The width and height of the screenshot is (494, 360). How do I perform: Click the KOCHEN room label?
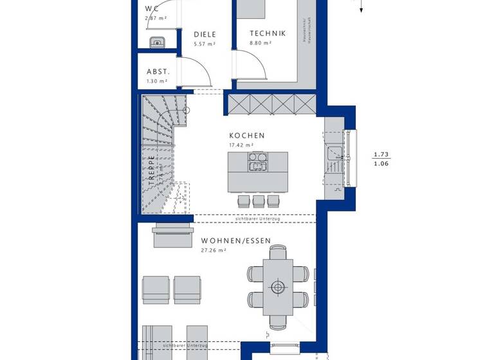click(247, 136)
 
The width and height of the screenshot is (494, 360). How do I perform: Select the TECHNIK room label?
click(268, 33)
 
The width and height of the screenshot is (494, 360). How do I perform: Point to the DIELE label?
click(205, 35)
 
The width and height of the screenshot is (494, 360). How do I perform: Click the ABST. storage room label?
click(157, 72)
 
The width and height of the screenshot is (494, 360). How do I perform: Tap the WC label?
click(152, 8)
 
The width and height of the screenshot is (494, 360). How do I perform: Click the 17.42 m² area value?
click(241, 145)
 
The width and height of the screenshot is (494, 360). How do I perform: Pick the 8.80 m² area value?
click(261, 43)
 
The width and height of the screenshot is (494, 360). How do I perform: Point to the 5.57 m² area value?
click(205, 44)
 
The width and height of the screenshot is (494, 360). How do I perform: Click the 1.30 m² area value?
click(157, 81)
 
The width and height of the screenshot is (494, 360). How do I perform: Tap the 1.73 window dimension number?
click(381, 155)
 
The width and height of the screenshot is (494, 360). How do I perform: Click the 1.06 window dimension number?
click(381, 164)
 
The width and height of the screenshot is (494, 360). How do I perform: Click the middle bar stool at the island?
click(259, 201)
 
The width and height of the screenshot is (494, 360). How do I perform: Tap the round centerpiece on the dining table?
click(278, 286)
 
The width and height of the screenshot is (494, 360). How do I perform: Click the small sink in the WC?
click(157, 43)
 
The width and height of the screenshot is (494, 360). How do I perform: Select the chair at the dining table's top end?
click(278, 253)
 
